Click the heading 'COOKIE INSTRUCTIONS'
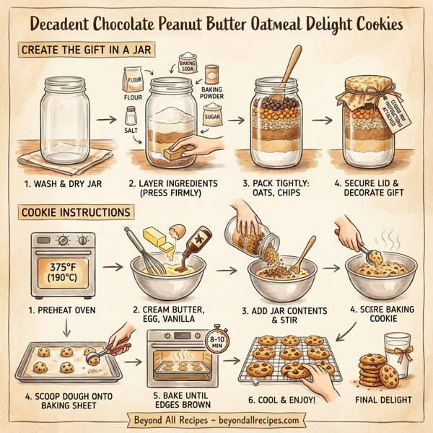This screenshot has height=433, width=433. click(76, 213)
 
